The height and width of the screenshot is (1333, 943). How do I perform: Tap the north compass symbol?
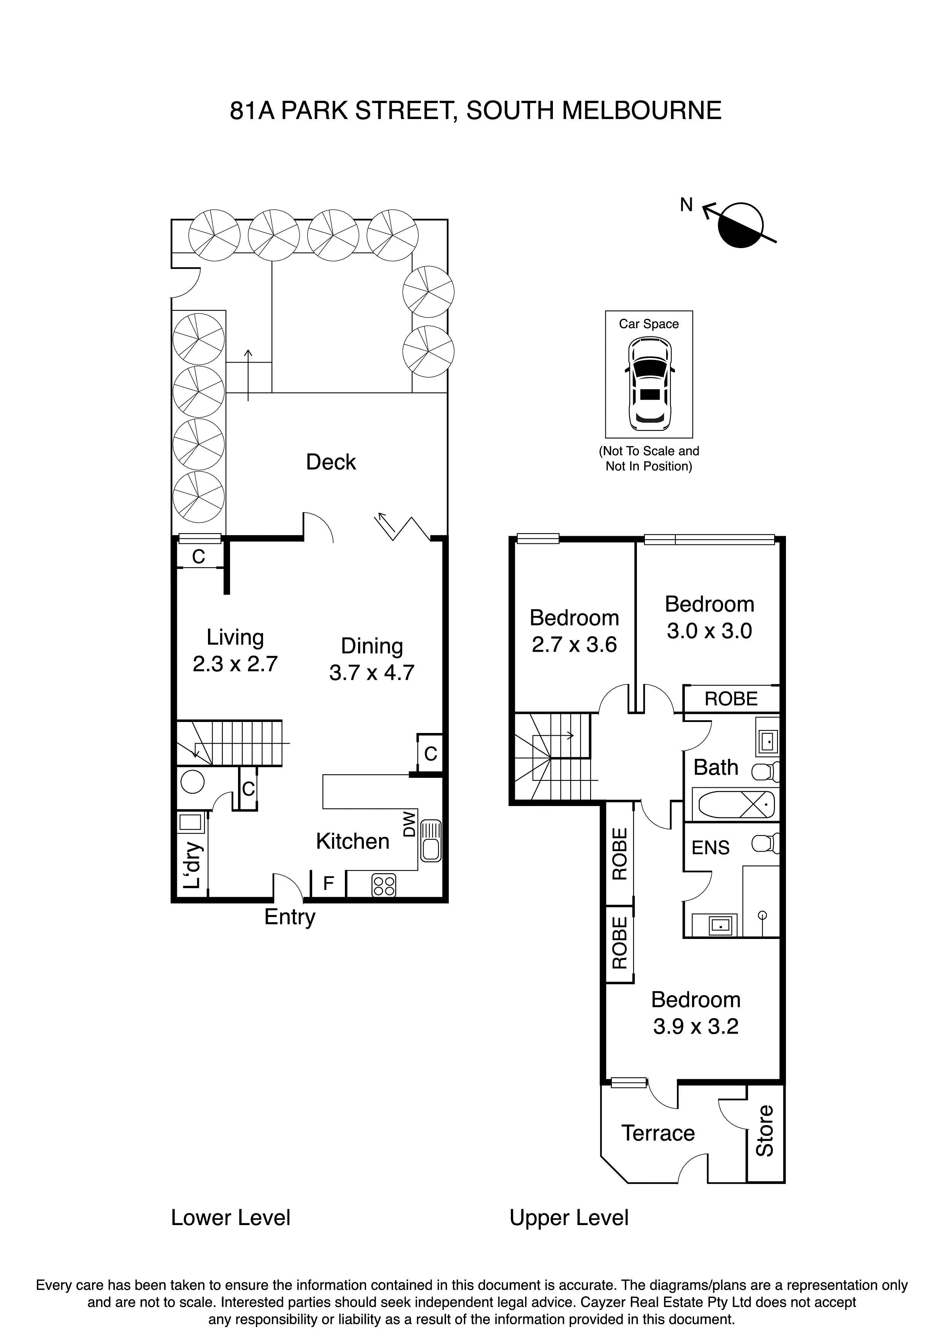[x=740, y=226]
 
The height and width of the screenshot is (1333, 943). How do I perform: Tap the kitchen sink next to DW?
[x=430, y=840]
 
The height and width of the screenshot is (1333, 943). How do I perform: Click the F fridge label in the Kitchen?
[x=328, y=883]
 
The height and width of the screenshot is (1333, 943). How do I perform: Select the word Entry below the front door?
[x=289, y=917]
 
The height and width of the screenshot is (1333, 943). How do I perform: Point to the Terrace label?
[x=658, y=1133]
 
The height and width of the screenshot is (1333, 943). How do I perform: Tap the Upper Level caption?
[x=569, y=1217]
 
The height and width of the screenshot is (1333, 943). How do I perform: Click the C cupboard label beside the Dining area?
[x=430, y=754]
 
